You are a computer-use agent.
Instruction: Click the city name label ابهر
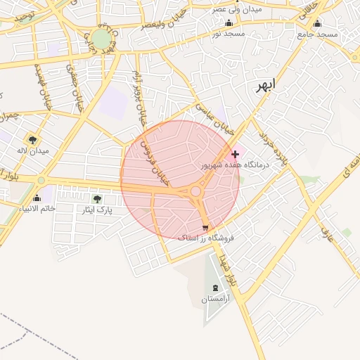pos(264,86)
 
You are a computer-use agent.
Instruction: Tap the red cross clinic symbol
pos(235,153)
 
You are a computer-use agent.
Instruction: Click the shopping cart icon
pos(205,227)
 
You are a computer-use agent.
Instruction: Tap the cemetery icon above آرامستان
pos(215,288)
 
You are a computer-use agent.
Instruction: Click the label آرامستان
pos(215,300)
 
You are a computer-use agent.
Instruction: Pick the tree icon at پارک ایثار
pos(98,199)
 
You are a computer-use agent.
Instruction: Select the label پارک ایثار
pos(98,210)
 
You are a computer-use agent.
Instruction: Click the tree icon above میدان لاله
pos(33,139)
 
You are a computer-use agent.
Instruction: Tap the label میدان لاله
pos(34,150)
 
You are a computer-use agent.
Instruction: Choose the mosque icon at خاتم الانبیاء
pos(37,198)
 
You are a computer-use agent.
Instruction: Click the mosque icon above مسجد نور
pos(229,23)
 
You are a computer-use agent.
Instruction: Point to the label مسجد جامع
pos(317,34)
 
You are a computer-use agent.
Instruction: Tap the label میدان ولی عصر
pos(237,10)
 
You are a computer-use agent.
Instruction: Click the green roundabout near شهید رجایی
pos(101,39)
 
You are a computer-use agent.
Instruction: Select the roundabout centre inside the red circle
pos(195,191)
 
